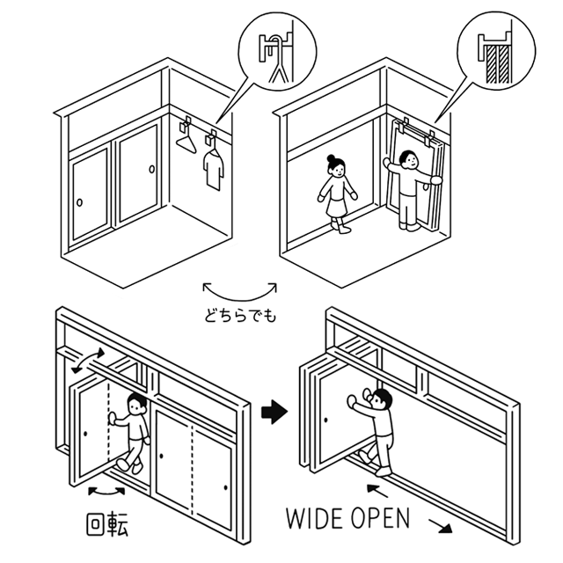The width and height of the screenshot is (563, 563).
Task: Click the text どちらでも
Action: pos(239,314)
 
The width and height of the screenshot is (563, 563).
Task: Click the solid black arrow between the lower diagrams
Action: pos(278,411)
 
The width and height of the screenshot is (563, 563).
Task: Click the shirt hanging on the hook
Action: pos(212,166)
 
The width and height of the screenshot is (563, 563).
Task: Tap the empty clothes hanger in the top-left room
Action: pos(186,135)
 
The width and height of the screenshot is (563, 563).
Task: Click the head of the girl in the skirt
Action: pos(334,165)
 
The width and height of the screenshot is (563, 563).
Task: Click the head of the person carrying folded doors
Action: pos(406,160)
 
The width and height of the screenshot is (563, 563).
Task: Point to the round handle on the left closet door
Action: pos(80,203)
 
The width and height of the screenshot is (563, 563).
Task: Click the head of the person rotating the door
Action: pos(136,406)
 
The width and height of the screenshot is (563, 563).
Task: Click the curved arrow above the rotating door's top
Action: pos(88,361)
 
